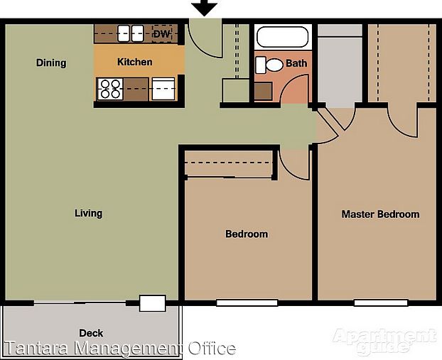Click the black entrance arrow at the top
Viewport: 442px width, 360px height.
click(x=205, y=8)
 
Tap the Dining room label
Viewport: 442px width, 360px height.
click(x=51, y=62)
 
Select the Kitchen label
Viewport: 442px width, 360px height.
click(x=135, y=62)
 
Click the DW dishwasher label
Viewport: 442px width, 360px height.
click(x=162, y=33)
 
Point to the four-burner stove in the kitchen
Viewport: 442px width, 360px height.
click(x=109, y=89)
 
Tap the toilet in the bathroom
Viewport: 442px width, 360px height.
click(x=272, y=65)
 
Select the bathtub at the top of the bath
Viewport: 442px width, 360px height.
click(x=282, y=37)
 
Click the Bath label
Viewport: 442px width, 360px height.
click(x=297, y=63)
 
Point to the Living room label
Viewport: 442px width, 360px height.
click(x=89, y=213)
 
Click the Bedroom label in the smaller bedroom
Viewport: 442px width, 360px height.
click(x=247, y=234)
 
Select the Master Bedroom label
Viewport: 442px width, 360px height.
click(x=380, y=214)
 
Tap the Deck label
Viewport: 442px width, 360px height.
click(x=91, y=332)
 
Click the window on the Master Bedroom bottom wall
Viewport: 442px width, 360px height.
click(x=381, y=302)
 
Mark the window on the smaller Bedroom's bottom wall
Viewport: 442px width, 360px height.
click(x=247, y=302)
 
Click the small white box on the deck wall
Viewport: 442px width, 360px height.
click(x=152, y=303)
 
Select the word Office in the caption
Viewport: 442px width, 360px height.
click(x=212, y=349)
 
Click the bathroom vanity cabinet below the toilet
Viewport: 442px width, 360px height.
click(x=263, y=91)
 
